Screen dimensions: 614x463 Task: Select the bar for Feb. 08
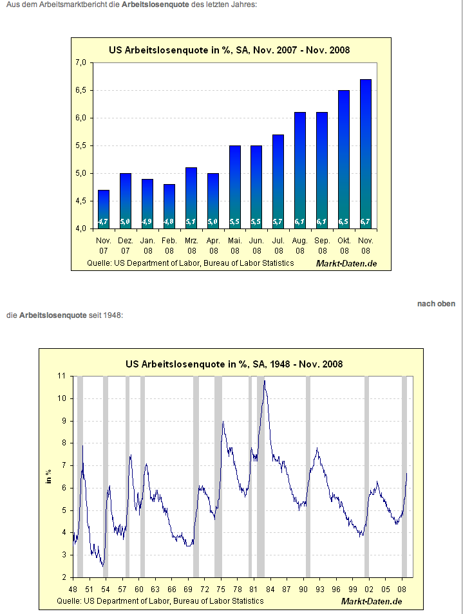(169, 206)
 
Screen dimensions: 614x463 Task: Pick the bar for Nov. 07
(104, 209)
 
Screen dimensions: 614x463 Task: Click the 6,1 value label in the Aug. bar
(300, 221)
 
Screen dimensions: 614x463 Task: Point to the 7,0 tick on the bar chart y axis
(80, 62)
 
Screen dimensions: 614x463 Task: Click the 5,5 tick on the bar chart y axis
(80, 145)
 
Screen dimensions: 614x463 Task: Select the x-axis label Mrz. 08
(191, 245)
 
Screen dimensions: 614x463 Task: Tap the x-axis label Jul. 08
(278, 245)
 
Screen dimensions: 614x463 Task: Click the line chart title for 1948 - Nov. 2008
(234, 364)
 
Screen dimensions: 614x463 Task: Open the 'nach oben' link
(436, 304)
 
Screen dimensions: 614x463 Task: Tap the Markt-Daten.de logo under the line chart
(372, 600)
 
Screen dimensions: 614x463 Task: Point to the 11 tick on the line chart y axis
(62, 375)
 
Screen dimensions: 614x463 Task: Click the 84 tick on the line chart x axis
(270, 589)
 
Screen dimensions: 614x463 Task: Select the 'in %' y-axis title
(48, 476)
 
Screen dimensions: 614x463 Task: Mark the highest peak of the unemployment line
(265, 381)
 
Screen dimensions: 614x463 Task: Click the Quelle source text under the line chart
(160, 600)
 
